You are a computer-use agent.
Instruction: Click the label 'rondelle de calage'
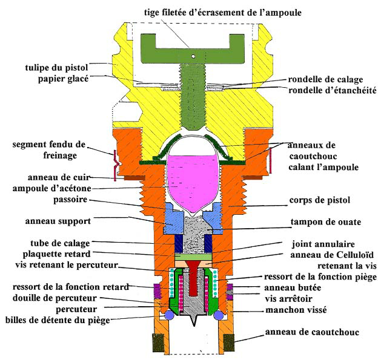pos(331,79)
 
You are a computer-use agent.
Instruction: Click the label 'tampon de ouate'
pos(326,222)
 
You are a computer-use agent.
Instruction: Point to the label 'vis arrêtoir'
pos(291,299)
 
